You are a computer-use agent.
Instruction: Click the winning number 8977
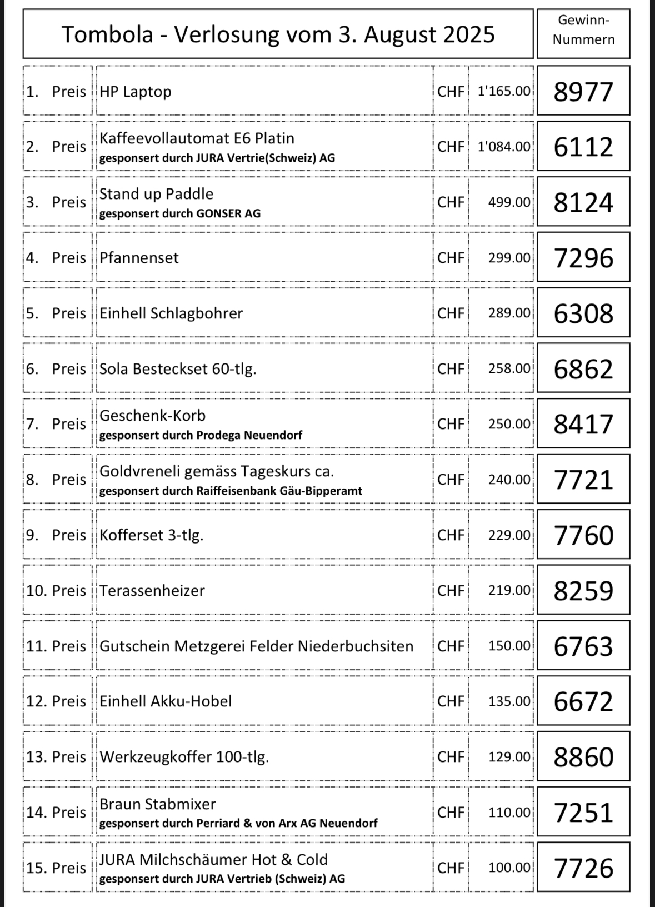point(583,92)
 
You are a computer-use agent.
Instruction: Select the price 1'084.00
point(504,147)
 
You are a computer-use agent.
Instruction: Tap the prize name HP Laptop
point(136,92)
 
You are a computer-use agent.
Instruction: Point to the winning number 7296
point(583,258)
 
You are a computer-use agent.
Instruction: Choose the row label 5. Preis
point(56,313)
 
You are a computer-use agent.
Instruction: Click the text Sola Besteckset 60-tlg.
point(178,369)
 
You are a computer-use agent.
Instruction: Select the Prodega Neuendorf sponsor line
point(201,435)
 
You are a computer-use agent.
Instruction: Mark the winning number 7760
point(583,535)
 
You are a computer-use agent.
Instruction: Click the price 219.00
point(509,590)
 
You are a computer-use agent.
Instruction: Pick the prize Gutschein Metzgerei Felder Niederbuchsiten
point(256,646)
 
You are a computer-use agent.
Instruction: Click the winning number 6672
point(583,701)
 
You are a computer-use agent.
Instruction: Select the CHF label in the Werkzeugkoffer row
point(451,757)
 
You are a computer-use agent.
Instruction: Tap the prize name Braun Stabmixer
point(158,804)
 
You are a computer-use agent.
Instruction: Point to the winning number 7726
point(583,868)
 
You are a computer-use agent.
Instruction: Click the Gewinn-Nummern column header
point(583,31)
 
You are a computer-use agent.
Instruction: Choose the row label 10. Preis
point(56,590)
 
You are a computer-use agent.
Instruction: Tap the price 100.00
point(509,868)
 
